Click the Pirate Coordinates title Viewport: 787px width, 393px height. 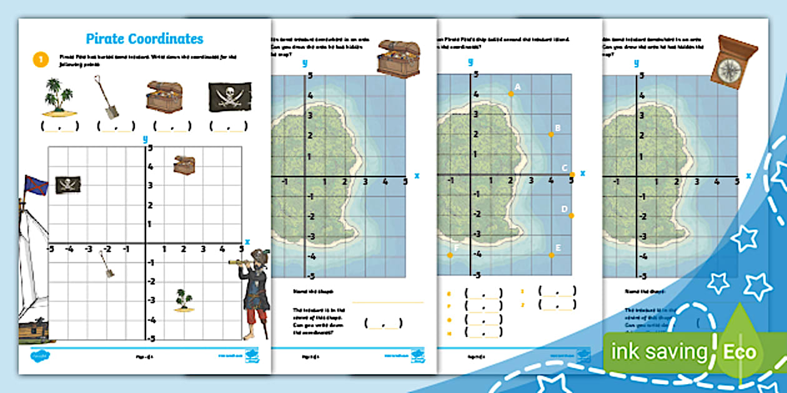144,39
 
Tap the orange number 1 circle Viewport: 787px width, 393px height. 39,59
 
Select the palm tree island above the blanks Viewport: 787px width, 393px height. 59,97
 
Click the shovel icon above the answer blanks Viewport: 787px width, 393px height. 107,97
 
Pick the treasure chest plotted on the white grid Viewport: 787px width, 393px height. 184,165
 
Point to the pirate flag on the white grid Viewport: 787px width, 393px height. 68,185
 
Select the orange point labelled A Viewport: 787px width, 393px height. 511,94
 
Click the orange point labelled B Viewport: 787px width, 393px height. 551,134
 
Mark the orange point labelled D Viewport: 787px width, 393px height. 571,215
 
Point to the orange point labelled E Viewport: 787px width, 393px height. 551,255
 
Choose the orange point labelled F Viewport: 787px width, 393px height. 450,255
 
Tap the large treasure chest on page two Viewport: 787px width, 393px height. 398,59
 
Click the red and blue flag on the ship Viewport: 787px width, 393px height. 36,185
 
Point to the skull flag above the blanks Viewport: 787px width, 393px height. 230,97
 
